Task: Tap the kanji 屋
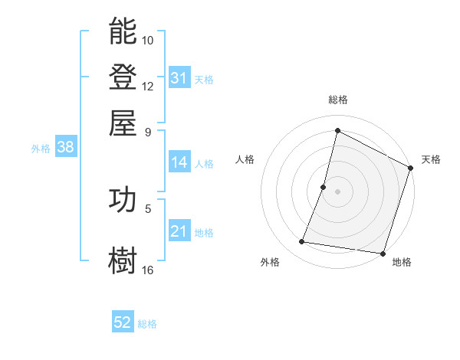pos(123,122)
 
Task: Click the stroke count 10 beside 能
pos(148,40)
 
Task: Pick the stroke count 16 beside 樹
pos(148,270)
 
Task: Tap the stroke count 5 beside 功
pos(148,208)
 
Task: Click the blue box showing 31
pos(179,78)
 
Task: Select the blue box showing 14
pos(179,162)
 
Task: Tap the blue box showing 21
pos(179,231)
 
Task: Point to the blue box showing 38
pos(65,148)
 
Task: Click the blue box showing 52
pos(123,322)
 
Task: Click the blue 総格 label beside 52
pos(147,324)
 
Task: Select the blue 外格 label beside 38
pos(41,149)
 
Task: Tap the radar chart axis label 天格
pos(431,159)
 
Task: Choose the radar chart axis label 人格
pos(245,159)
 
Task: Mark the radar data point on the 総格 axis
pos(337,130)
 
